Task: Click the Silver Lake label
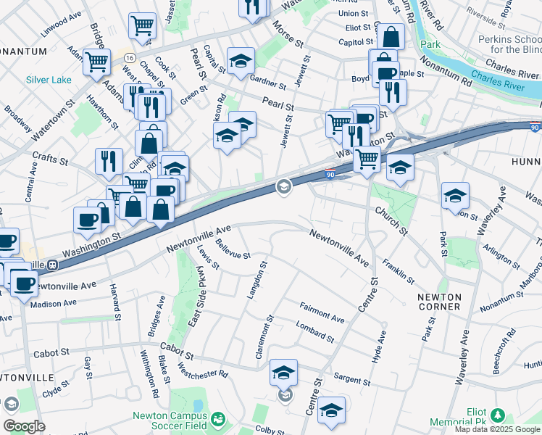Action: [49, 80]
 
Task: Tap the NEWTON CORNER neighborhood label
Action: [439, 302]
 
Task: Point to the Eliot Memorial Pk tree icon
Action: [497, 415]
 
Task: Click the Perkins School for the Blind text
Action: [506, 44]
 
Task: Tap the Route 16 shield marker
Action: [128, 56]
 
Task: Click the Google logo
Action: [24, 426]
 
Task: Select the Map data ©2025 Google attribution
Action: [497, 429]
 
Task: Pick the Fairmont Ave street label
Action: [322, 313]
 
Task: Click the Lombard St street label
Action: [315, 332]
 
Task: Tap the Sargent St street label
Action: [352, 379]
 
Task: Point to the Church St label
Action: [391, 220]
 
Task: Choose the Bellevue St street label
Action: [232, 251]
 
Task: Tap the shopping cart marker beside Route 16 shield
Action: [96, 62]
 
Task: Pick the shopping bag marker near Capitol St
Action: [391, 38]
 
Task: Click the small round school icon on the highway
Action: [283, 187]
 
